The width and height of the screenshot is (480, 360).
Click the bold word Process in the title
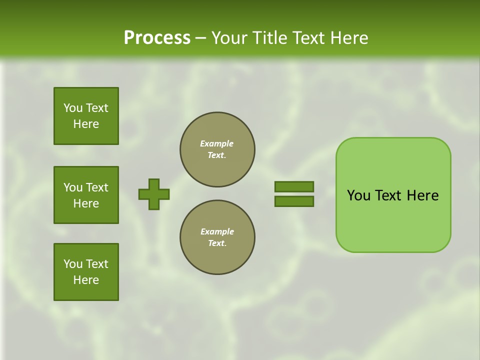(x=157, y=37)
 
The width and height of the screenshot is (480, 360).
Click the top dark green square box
(x=86, y=116)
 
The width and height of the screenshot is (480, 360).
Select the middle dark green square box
(x=86, y=195)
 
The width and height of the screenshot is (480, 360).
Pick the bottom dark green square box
(x=86, y=272)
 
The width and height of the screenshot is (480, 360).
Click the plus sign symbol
(x=154, y=194)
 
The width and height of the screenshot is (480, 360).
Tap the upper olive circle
(x=217, y=149)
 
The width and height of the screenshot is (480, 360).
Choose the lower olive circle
(x=217, y=237)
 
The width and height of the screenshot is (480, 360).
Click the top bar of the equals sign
(x=294, y=186)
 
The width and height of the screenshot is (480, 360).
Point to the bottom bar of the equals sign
(x=294, y=201)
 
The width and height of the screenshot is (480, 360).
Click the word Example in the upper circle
(x=217, y=143)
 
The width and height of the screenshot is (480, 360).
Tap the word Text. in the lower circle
(x=217, y=243)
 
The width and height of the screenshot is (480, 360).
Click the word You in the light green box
(x=359, y=195)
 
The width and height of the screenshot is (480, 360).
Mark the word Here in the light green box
(x=422, y=195)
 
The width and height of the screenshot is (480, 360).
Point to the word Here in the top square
(x=86, y=124)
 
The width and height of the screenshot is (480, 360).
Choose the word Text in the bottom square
(x=97, y=264)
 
